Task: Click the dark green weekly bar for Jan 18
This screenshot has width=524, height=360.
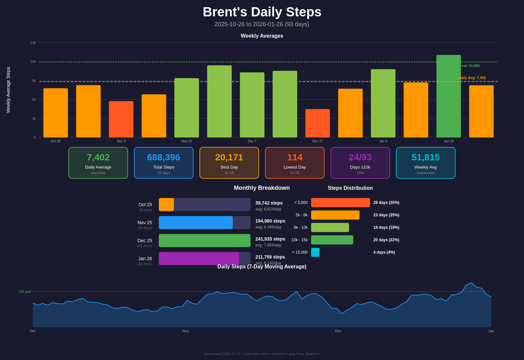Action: pos(448,96)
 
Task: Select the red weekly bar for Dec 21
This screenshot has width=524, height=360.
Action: pos(317,123)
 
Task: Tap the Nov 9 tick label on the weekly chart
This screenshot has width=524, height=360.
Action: pos(121,141)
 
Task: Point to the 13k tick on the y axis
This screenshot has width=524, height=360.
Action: pos(33,43)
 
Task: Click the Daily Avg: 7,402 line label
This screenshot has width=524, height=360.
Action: pos(472,78)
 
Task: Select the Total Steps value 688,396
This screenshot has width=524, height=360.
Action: pos(163,157)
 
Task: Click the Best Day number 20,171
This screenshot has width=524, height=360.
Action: pos(229,157)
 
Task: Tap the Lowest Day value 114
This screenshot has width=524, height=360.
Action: pos(294,157)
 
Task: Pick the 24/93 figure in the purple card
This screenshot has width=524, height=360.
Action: pos(360,157)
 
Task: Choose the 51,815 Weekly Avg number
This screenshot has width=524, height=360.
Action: pos(425,157)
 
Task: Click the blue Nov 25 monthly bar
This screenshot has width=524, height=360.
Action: pos(196,223)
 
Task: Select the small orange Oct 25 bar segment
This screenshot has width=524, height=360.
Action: pos(166,205)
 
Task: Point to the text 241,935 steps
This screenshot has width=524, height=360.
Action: pos(270,239)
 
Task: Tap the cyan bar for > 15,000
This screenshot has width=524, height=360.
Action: pos(315,252)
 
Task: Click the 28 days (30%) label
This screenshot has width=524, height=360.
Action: pos(386,203)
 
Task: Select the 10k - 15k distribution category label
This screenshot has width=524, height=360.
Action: pos(299,240)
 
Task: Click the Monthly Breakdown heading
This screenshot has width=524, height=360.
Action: pos(262,188)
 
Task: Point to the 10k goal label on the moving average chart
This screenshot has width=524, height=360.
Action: pos(25,292)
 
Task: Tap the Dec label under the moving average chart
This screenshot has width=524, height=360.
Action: pos(338,331)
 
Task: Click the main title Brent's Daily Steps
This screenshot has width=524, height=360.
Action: pos(262,12)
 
